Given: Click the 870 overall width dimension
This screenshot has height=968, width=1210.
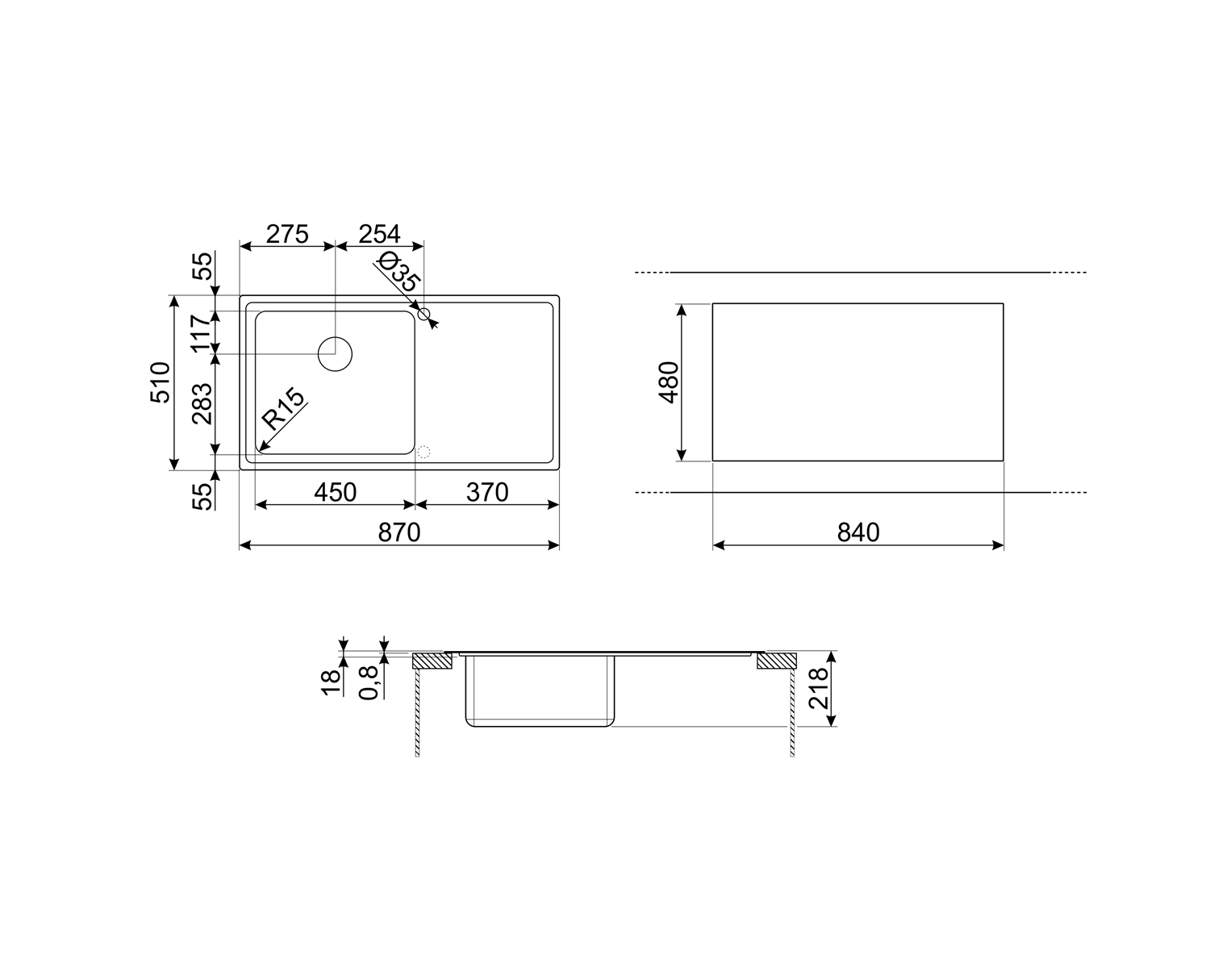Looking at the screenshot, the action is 399,532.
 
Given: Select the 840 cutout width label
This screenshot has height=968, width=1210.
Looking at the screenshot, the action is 858,532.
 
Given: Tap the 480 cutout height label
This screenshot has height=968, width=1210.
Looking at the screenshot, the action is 669,382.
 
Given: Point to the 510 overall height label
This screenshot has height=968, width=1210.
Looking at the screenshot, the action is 161,382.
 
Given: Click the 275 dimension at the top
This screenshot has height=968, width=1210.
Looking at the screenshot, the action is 287,234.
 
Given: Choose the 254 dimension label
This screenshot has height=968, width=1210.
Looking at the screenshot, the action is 379,234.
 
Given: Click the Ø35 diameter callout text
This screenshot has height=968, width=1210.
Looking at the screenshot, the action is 398,273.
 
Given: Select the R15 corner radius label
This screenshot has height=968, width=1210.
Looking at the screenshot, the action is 283,409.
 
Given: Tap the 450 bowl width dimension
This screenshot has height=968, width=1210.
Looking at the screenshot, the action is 335,492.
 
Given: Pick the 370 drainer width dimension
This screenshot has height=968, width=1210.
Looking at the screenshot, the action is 487,492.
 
